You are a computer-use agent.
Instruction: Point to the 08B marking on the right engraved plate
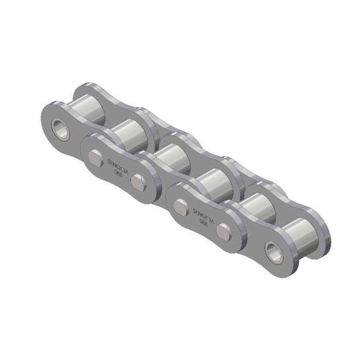coord(204,222)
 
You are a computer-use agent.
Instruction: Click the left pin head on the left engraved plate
coord(96,156)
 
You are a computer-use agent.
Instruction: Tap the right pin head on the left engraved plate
coord(138,181)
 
